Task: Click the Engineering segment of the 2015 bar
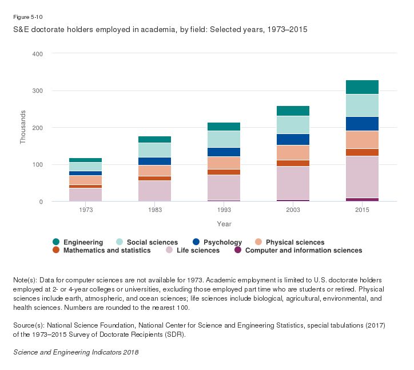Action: coord(362,87)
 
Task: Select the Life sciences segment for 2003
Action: coord(293,183)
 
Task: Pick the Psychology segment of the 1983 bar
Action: coord(155,161)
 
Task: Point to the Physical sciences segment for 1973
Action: coord(86,180)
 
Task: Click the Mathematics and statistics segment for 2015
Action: coord(362,152)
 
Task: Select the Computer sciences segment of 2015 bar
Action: coord(362,199)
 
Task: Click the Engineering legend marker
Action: coord(55,242)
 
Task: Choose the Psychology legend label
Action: coord(222,242)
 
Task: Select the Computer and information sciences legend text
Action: coord(304,250)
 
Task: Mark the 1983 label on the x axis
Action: coord(155,210)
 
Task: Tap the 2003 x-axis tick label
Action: coord(293,210)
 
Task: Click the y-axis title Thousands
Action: coord(23,127)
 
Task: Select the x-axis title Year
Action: coord(224,224)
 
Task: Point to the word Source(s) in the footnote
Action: coord(28,325)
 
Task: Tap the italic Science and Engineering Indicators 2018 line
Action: coord(76,352)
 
